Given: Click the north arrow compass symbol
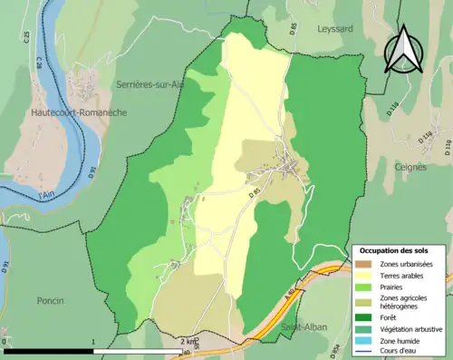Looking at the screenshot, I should pyautogui.click(x=404, y=49).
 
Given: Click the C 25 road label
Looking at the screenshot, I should pyautogui.click(x=27, y=37).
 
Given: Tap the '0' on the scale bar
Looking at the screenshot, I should pyautogui.click(x=5, y=342).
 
